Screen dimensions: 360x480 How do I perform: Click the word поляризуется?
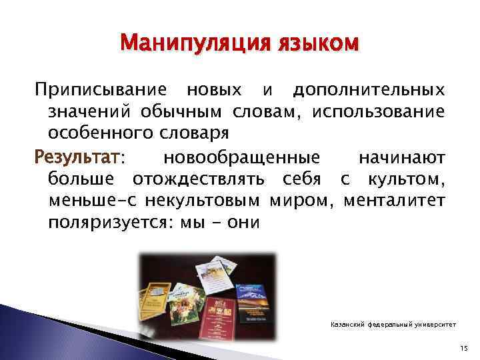[106, 222]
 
